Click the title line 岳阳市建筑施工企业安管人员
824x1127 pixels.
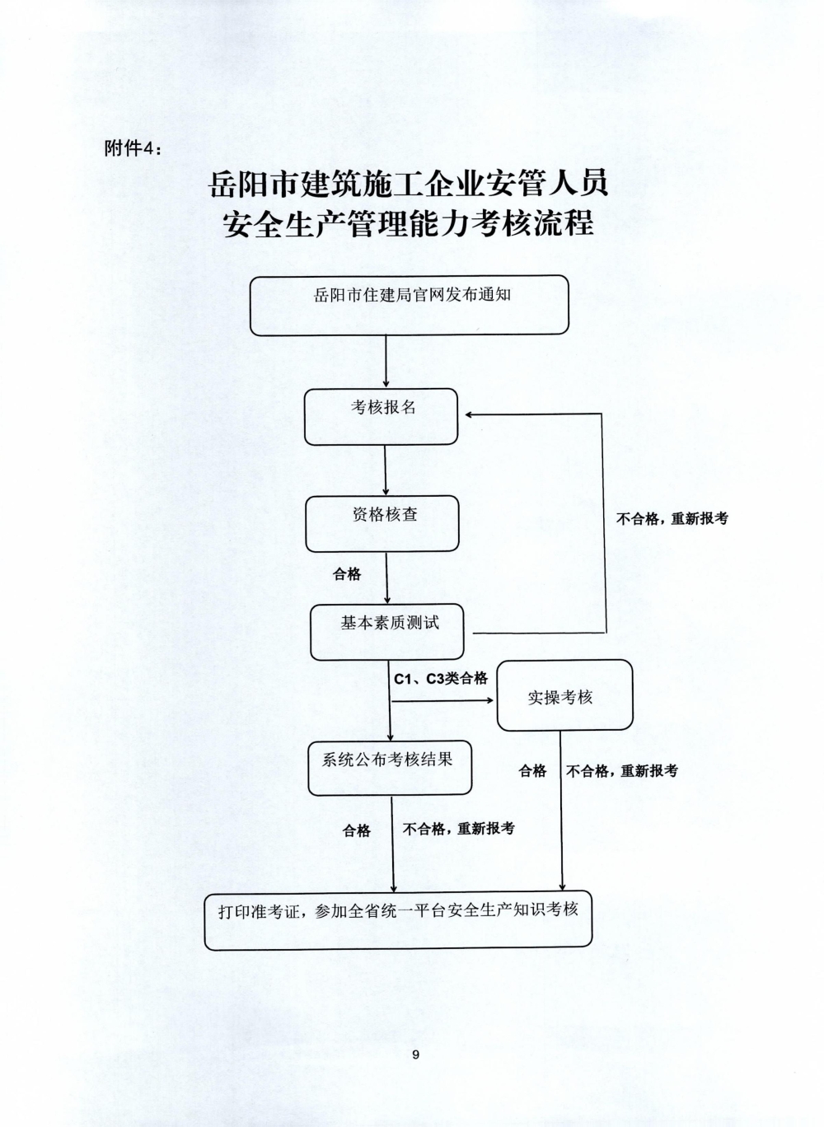point(409,184)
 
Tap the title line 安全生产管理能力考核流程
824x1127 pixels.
point(409,223)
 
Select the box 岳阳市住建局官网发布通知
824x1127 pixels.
point(409,305)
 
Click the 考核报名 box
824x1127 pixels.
point(381,416)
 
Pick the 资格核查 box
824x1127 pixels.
point(382,523)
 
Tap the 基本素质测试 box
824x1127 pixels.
point(386,633)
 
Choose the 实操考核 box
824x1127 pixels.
point(564,696)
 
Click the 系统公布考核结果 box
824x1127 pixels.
point(390,768)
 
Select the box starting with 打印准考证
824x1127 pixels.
point(398,919)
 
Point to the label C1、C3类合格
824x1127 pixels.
point(440,679)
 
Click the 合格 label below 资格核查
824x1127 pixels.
point(347,574)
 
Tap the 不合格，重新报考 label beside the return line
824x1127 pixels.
point(672,519)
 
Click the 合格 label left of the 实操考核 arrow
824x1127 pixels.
point(532,771)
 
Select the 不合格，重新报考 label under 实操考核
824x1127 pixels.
point(622,771)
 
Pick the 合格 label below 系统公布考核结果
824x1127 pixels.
point(357,831)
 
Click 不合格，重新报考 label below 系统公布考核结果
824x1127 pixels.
point(458,829)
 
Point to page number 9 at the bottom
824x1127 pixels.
point(415,1055)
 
